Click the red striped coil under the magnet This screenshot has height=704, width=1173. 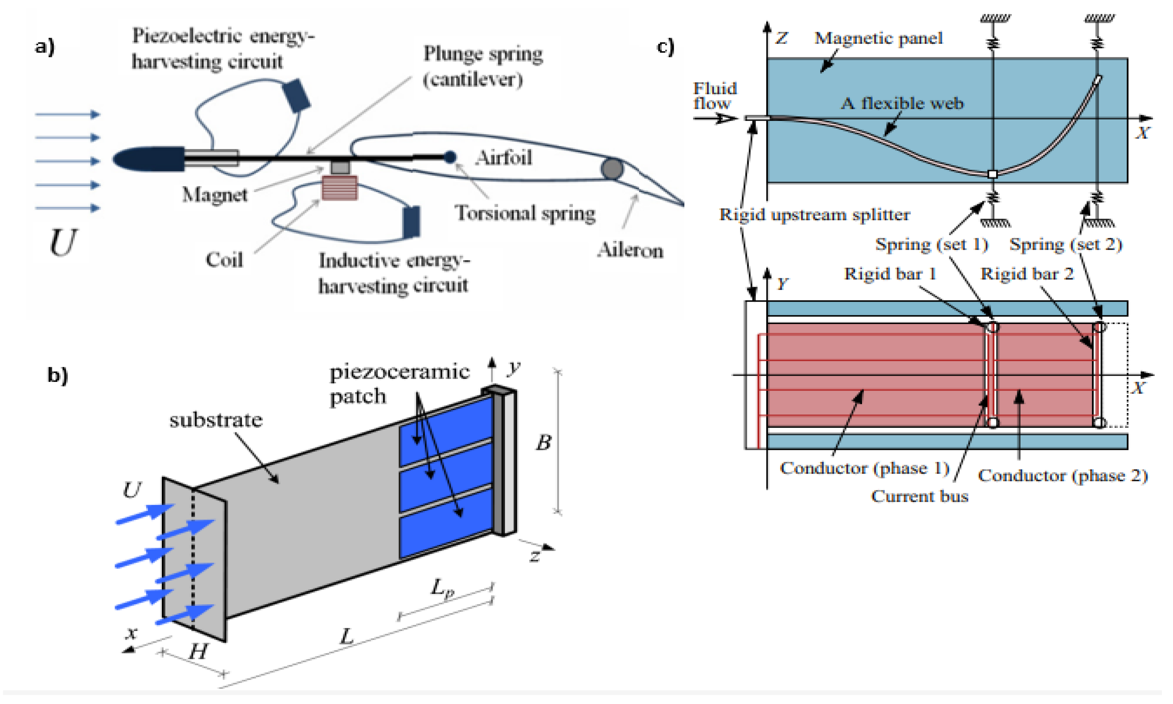pos(339,188)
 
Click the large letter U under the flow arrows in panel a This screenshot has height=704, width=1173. pos(63,242)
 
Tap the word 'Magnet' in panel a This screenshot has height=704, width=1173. pos(215,194)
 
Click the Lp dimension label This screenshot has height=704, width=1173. pos(442,589)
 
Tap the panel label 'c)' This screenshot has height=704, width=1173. pos(665,48)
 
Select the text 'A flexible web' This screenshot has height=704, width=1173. pos(902,103)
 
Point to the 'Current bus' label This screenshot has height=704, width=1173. pos(919,496)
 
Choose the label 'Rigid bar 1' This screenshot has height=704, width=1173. pos(890,274)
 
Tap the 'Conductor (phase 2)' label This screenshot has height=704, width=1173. pos(1063,475)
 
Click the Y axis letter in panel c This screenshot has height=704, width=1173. pos(782,284)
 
